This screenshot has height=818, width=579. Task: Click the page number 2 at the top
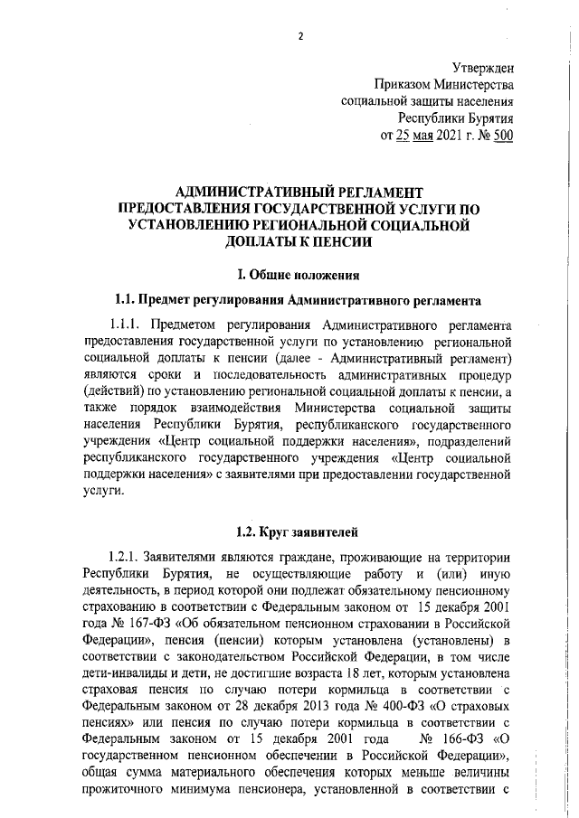(x=299, y=36)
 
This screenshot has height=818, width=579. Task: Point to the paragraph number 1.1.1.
(x=127, y=325)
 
